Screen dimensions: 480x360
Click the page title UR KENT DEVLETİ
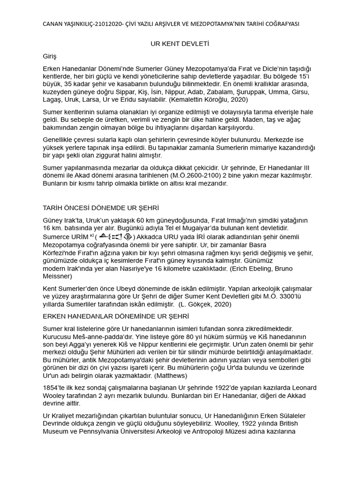[x=179, y=44]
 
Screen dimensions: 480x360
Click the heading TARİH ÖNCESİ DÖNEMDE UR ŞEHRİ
[x=104, y=208]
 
